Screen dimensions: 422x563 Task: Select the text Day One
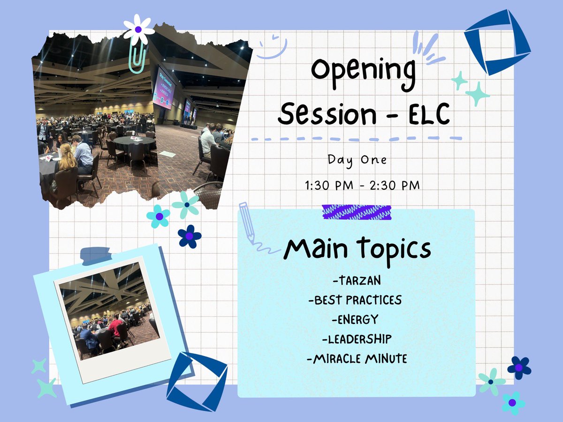358,159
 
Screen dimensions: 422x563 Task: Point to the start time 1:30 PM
327,185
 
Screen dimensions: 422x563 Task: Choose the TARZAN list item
356,281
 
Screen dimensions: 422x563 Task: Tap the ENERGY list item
355,320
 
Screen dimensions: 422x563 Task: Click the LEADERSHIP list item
355,339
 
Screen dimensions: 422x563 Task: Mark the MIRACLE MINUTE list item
356,359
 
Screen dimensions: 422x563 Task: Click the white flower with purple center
138,29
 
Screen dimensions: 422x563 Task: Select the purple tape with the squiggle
357,212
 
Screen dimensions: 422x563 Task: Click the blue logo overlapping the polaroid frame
197,382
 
